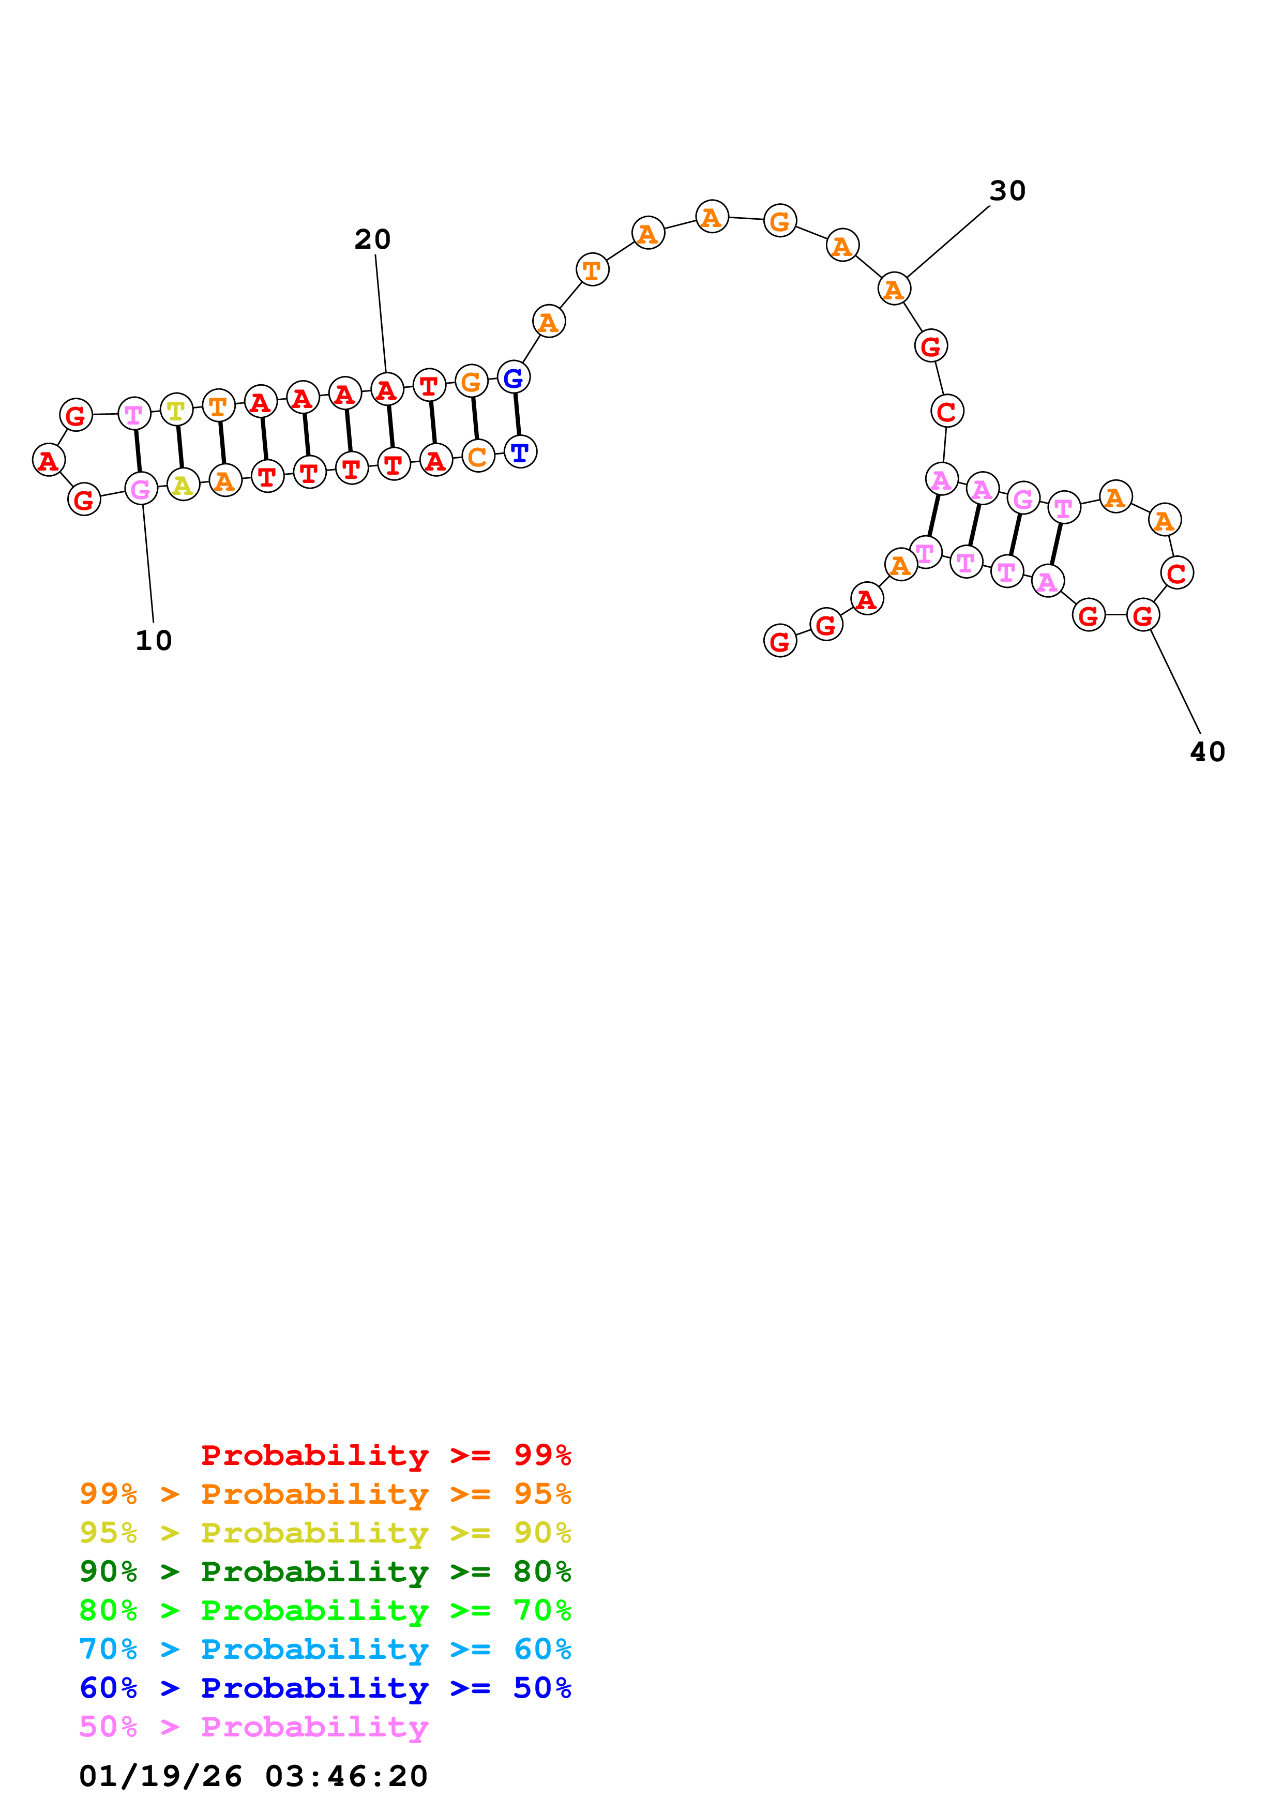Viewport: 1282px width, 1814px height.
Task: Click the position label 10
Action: point(153,641)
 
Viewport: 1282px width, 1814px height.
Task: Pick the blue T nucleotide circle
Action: point(520,452)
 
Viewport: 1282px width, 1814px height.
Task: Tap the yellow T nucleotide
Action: point(176,410)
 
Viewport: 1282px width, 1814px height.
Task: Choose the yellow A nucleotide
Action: point(183,485)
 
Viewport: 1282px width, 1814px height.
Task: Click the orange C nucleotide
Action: point(477,456)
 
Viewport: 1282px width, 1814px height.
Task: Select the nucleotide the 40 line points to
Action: point(1142,615)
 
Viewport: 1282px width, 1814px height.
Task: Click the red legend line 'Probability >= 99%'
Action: point(385,1455)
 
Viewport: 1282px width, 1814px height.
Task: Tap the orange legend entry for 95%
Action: point(325,1494)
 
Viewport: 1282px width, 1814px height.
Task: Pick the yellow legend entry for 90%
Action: point(325,1533)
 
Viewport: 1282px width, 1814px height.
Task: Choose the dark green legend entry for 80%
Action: point(325,1571)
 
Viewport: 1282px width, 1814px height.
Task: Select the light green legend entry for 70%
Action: point(325,1610)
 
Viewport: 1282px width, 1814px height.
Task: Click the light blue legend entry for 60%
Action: point(325,1649)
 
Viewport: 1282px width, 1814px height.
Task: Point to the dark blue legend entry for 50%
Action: point(325,1688)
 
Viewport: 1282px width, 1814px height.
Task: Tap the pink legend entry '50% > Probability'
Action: point(253,1726)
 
